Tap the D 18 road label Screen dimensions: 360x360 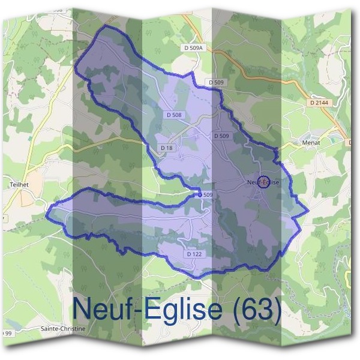(167, 148)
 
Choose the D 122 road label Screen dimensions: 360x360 (193, 254)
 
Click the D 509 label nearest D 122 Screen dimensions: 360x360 (206, 195)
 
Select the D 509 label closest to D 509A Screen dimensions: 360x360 (217, 82)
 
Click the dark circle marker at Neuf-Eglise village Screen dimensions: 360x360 (262, 182)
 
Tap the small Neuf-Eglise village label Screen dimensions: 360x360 (263, 182)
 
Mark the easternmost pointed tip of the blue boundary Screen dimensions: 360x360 (308, 211)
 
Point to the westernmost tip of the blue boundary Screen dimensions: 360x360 (47, 211)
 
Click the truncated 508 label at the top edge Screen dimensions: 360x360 (57, 10)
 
